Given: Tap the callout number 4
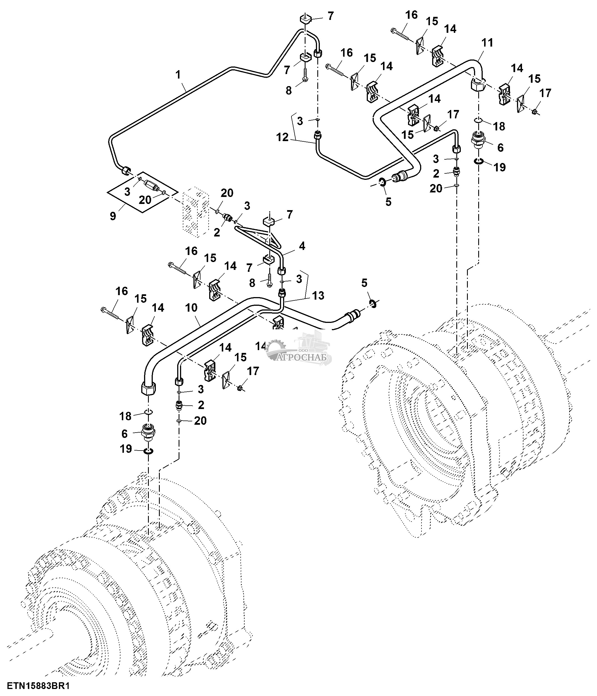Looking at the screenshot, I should point(302,246).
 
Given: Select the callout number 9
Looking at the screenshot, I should point(113,216).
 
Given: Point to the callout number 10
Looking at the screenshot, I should point(192,308).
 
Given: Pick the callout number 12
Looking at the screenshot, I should point(282,137).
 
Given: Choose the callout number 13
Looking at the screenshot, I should point(318,295).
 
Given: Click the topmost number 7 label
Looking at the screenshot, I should point(331,16).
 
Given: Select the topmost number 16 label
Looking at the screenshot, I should point(411,15).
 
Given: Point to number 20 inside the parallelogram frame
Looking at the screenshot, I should point(145,200).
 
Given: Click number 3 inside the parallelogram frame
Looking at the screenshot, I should point(127,192).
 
